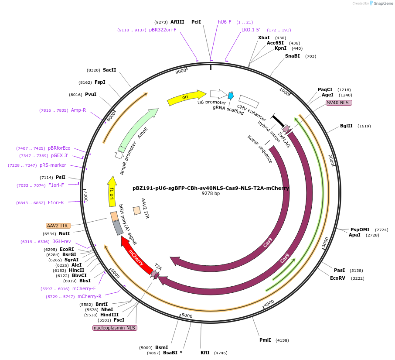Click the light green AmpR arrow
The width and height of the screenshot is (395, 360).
(137, 129)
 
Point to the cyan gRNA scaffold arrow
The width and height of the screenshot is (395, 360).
(231, 95)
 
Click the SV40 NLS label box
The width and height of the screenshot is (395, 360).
(339, 103)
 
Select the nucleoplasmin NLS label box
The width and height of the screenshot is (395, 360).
(115, 328)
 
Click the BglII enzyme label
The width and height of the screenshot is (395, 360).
(346, 126)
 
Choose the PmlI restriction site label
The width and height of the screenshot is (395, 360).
(265, 340)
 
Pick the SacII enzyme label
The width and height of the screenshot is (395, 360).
(109, 70)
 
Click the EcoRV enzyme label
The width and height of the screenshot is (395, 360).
(337, 278)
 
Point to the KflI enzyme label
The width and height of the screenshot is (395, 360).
(205, 353)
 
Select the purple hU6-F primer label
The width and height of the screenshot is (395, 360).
(225, 22)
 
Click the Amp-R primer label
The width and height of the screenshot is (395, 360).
(78, 110)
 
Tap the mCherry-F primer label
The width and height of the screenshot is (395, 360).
(84, 289)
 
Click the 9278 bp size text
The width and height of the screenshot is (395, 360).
(211, 193)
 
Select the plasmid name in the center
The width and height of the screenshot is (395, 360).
(211, 188)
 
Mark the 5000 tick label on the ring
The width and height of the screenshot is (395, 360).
(187, 315)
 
